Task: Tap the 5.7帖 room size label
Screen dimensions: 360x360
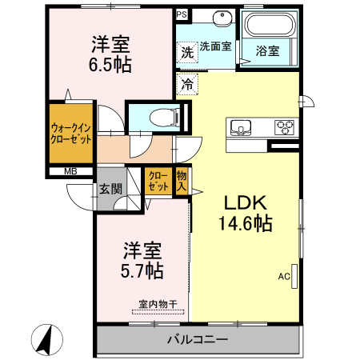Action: coord(142,270)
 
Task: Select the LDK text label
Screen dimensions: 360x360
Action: coord(243,202)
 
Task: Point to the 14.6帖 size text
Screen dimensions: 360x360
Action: coord(245,224)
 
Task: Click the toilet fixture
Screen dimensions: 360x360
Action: coord(165,115)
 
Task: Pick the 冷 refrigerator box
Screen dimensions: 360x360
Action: coord(187,82)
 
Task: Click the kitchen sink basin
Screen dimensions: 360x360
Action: coord(242,126)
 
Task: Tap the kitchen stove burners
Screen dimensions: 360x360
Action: coord(285,126)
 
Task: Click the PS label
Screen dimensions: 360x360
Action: coord(182,14)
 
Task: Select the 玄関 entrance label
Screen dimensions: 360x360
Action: coord(110,190)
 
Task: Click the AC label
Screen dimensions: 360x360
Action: coord(284,277)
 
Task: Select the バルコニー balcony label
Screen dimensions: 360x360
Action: coord(197,339)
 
